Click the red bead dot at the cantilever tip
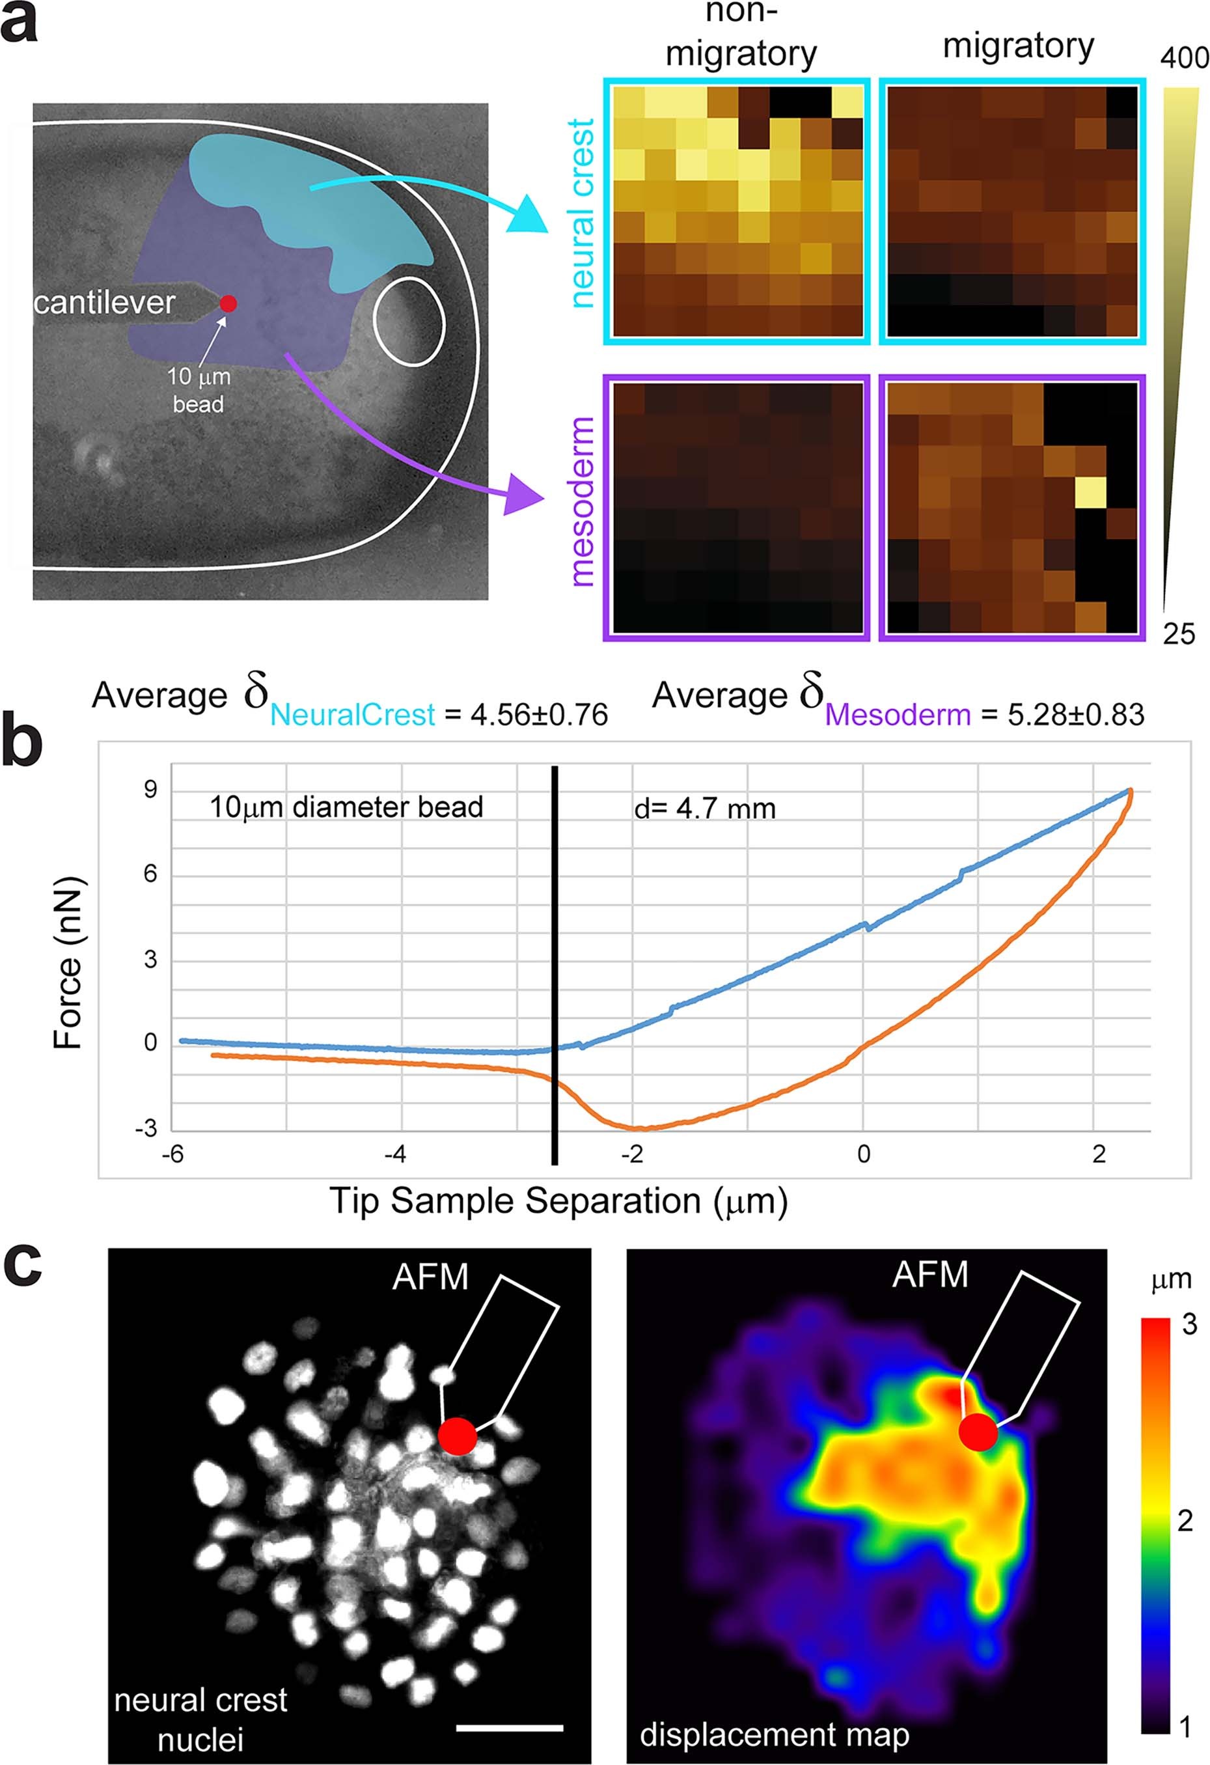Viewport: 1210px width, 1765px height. (x=228, y=303)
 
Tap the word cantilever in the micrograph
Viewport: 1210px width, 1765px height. (x=104, y=303)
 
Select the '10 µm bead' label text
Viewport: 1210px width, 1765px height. (x=198, y=391)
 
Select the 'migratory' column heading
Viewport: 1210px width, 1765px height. (x=1018, y=46)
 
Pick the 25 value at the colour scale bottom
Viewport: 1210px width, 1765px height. (x=1179, y=633)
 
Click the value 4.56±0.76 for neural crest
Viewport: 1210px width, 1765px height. (x=526, y=715)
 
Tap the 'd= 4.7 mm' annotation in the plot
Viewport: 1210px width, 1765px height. (x=704, y=809)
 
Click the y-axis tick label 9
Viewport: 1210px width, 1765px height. (x=150, y=790)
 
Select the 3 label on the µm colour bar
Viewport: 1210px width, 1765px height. (x=1190, y=1324)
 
